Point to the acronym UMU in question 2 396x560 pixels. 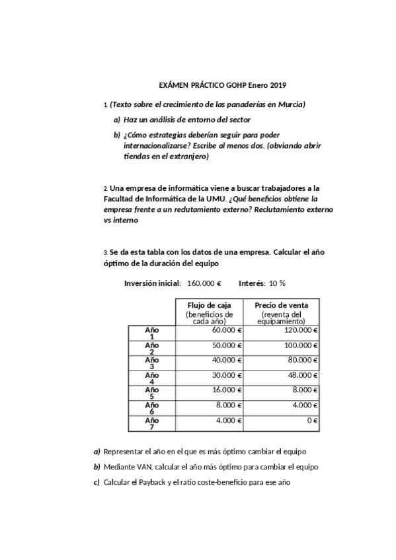216,198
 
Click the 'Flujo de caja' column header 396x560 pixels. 210,305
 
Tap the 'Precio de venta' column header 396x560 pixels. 281,305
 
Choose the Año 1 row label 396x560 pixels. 151,333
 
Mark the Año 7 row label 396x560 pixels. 151,423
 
